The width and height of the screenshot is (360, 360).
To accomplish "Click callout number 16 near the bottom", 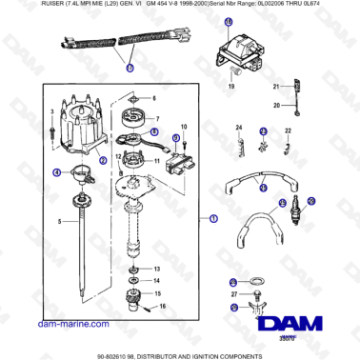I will [163, 306].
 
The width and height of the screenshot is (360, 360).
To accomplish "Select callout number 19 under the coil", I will [230, 88].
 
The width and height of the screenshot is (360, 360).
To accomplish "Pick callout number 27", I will [233, 296].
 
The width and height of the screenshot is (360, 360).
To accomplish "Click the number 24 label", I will [239, 128].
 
